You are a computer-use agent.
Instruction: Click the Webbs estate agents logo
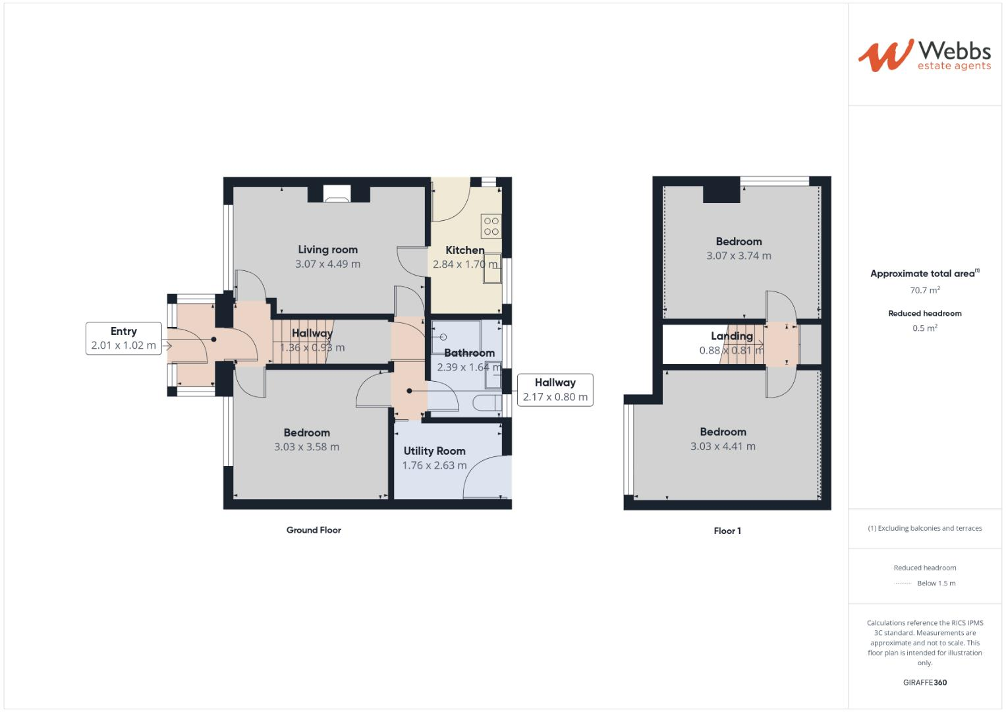(924, 55)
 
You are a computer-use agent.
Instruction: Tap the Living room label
(327, 250)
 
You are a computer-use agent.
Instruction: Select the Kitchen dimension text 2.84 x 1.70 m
(465, 264)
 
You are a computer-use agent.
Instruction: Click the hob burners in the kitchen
(491, 226)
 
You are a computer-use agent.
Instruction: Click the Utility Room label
(434, 451)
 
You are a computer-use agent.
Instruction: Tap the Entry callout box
(124, 338)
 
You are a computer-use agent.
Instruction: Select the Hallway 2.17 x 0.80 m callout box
(555, 390)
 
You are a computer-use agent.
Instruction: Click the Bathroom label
(469, 353)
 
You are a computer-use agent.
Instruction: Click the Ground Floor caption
(314, 530)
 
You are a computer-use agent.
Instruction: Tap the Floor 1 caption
(727, 531)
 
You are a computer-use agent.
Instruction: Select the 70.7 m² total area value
(925, 290)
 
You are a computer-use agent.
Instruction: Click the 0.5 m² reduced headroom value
(925, 328)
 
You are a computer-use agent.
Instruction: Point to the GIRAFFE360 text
(925, 682)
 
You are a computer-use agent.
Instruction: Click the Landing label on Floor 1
(731, 336)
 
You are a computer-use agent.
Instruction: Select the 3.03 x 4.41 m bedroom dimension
(723, 446)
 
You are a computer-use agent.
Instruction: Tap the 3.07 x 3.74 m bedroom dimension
(739, 256)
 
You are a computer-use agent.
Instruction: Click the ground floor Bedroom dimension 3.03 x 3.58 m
(306, 447)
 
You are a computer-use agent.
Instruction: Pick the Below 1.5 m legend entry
(936, 583)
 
